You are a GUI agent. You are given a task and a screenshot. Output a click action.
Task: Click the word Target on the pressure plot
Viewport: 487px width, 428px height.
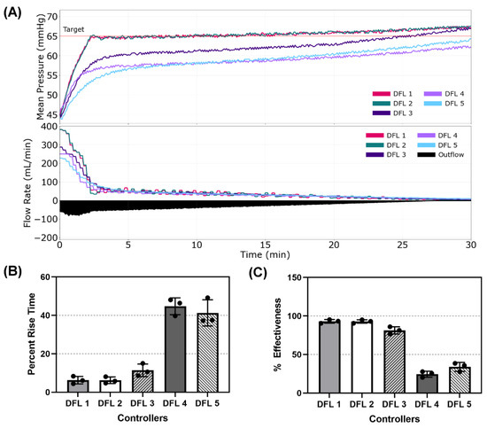74,30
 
